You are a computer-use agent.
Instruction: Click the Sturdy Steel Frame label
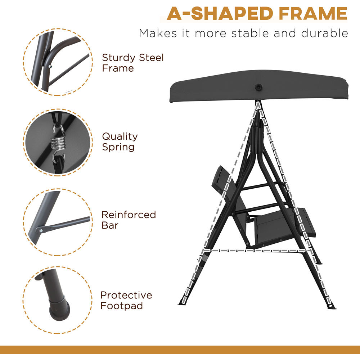tap(132, 63)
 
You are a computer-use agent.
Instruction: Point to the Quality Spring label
tap(120, 141)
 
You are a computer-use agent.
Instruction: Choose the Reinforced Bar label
tap(129, 220)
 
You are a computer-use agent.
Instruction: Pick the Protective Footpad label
tap(126, 300)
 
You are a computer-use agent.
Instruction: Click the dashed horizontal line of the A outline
tap(252, 250)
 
